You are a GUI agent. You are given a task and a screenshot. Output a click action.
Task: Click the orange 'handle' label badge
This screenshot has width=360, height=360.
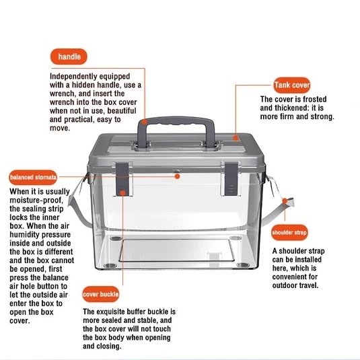pos(69,57)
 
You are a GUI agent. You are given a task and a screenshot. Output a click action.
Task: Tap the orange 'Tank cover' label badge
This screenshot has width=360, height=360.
pos(292,85)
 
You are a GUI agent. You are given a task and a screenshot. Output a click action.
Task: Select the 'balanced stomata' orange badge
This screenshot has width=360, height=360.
pos(33,177)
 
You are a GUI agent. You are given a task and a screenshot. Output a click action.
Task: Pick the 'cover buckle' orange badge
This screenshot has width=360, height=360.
pos(100,294)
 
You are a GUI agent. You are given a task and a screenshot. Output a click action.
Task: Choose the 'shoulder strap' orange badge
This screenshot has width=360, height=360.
pos(289,232)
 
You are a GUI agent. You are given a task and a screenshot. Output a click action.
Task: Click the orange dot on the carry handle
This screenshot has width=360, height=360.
pos(144,122)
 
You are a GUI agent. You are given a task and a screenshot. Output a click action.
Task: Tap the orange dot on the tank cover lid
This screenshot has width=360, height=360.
pos(236,138)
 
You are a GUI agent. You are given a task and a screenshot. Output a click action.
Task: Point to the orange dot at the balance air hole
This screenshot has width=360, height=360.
pos(177,176)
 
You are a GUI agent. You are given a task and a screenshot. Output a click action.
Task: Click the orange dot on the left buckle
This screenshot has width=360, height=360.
pos(123,193)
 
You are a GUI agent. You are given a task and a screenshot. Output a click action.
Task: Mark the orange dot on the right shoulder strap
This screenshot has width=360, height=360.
pos(285,201)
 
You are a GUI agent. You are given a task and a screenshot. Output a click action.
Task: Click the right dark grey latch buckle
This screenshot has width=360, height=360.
pos(231,179)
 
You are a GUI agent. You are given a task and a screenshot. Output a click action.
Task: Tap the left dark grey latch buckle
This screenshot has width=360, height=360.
pos(122,179)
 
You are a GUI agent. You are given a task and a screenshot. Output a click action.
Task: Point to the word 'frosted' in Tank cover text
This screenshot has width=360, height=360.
pos(314,99)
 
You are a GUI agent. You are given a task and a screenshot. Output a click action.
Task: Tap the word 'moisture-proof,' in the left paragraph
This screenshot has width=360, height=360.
pos(36,201)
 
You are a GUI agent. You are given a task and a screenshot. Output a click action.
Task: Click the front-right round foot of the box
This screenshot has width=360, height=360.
pos(243,265)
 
